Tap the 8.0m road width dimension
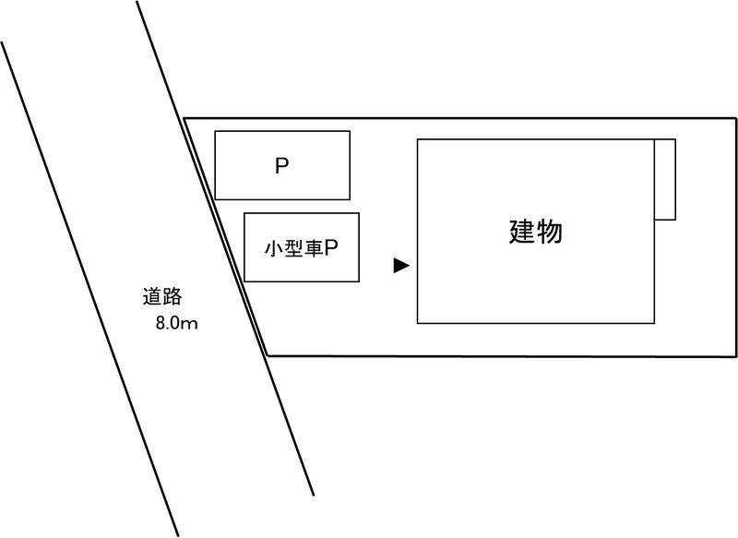coord(177,324)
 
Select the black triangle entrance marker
coord(400,266)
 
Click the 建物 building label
coord(536,232)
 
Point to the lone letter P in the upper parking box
coord(282,167)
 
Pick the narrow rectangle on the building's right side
coord(664,179)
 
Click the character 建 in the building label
coord(522,232)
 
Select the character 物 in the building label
coord(550,232)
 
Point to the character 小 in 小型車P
coord(271,249)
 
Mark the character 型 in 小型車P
coord(291,249)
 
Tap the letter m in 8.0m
coord(192,325)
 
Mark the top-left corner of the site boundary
coord(185,118)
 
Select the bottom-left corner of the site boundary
coord(267,354)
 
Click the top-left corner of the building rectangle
coord(418,139)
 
